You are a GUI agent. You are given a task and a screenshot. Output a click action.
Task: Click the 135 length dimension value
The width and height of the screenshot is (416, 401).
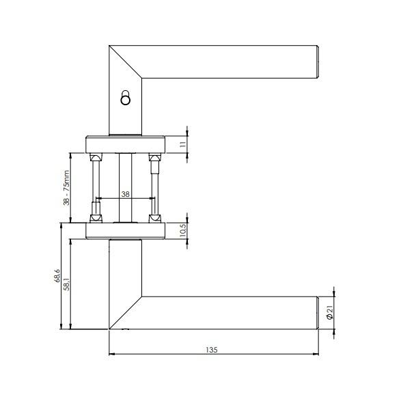pos(212,350)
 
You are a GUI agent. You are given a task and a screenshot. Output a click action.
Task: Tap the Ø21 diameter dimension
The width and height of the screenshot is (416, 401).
pos(329,312)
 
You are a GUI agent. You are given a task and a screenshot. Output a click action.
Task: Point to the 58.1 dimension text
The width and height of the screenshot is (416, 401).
pos(68,284)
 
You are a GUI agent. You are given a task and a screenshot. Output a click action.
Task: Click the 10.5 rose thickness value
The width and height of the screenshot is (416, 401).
pos(183,230)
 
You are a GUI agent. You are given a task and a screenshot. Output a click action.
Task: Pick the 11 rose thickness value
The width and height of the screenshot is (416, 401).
pos(183,145)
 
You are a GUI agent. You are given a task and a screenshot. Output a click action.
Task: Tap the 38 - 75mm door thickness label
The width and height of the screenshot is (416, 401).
pos(66,188)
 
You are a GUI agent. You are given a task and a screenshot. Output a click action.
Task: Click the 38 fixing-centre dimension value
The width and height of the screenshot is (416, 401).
pos(125,194)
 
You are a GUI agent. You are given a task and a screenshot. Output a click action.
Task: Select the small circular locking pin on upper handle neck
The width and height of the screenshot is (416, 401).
pos(125,98)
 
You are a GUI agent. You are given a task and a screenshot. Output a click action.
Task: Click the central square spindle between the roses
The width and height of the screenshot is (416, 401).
pos(125,188)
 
